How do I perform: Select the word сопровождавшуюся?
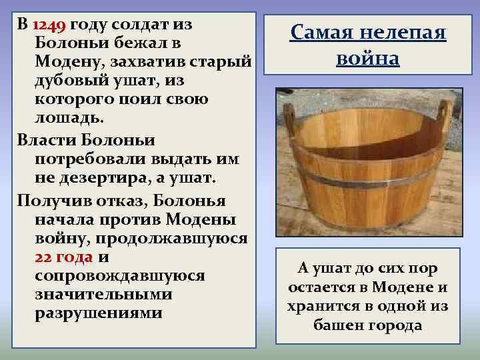[111, 276]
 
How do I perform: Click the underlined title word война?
[368, 58]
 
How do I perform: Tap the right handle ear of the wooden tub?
[445, 113]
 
